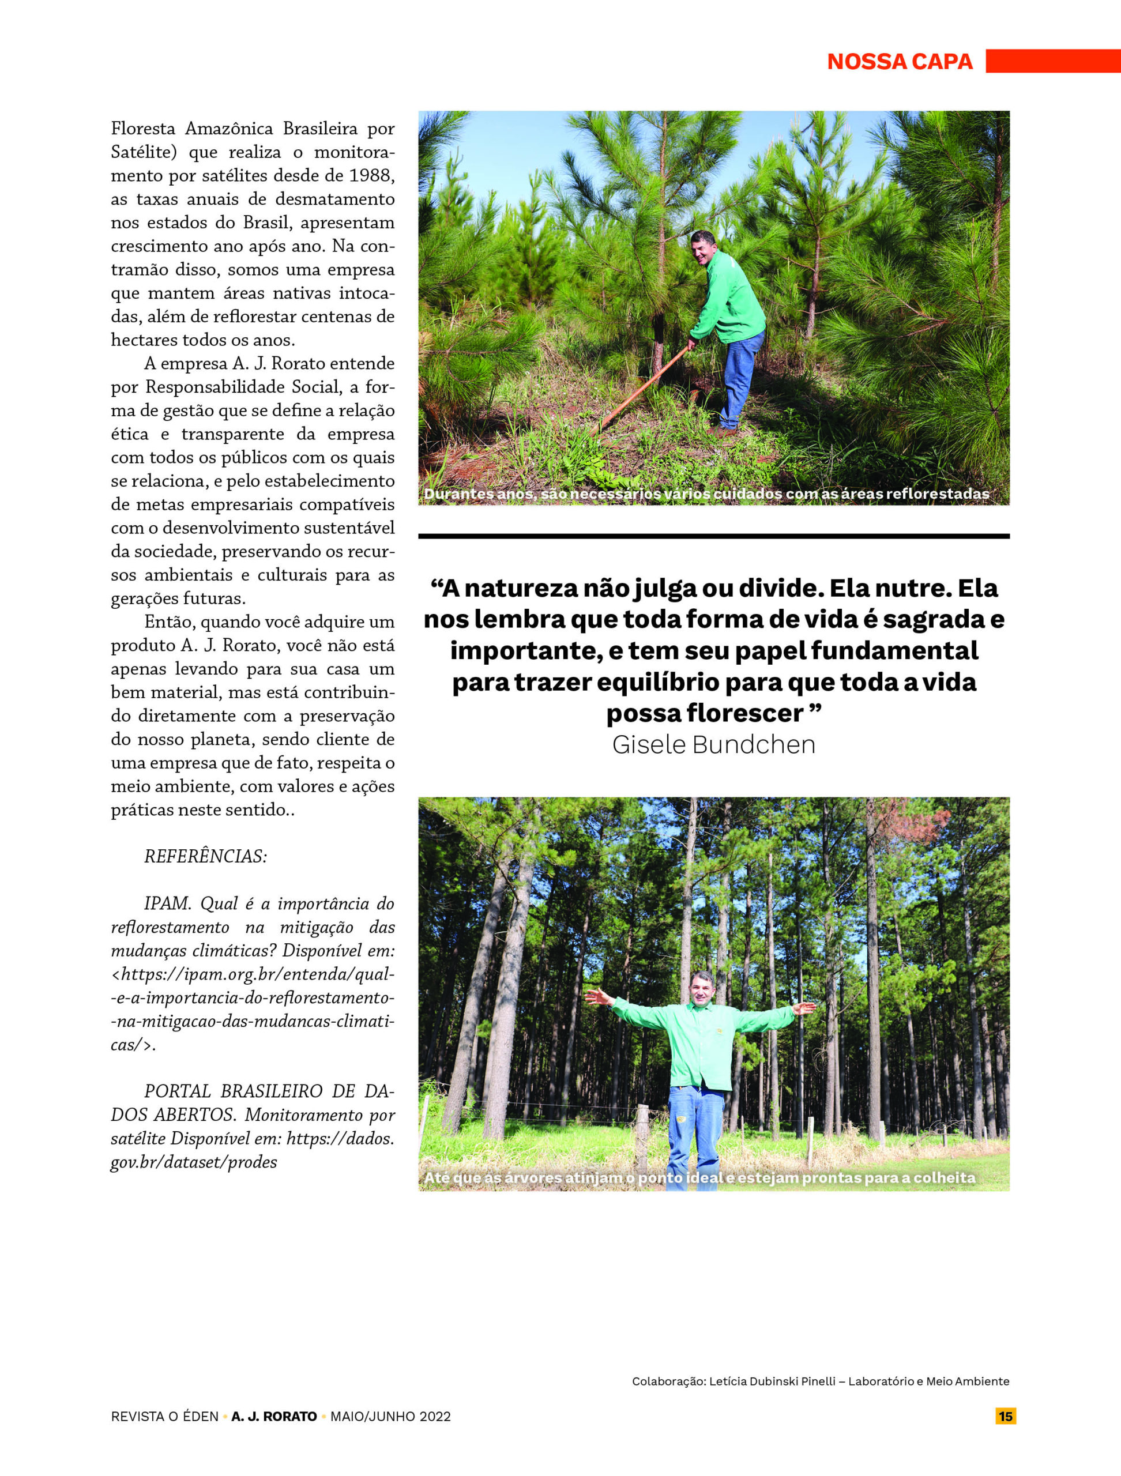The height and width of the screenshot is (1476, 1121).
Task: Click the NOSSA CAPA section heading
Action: tap(900, 61)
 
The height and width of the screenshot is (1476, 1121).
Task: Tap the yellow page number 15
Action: tap(1006, 1416)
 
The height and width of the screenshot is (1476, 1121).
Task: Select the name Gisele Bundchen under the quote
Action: tap(713, 745)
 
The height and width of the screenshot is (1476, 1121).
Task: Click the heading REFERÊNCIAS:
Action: tap(205, 857)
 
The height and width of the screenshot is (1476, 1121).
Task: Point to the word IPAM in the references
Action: tap(167, 904)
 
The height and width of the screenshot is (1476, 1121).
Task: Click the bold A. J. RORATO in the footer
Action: tap(274, 1417)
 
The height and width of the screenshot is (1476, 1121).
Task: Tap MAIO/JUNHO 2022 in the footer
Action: tap(390, 1417)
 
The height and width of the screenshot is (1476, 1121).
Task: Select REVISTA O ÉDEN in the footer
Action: tap(165, 1417)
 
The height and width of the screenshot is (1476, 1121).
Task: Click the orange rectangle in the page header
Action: tap(1053, 61)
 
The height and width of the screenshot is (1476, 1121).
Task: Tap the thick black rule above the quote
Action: tap(713, 536)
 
